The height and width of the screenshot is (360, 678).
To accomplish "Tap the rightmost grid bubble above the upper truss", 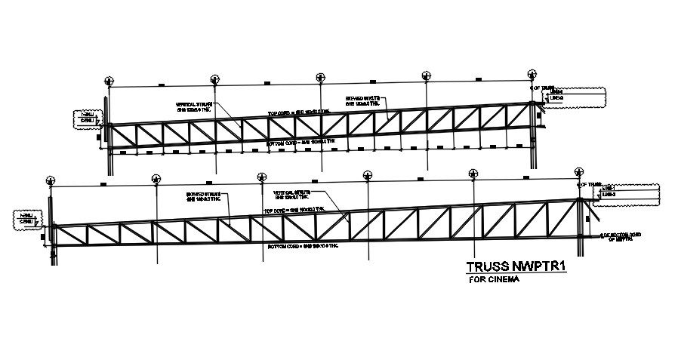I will [x=534, y=76].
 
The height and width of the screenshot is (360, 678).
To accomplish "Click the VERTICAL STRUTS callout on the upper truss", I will [x=196, y=107].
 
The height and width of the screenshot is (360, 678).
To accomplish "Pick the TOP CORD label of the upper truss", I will [x=299, y=112].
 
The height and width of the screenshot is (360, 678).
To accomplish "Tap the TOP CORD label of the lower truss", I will [x=294, y=209].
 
